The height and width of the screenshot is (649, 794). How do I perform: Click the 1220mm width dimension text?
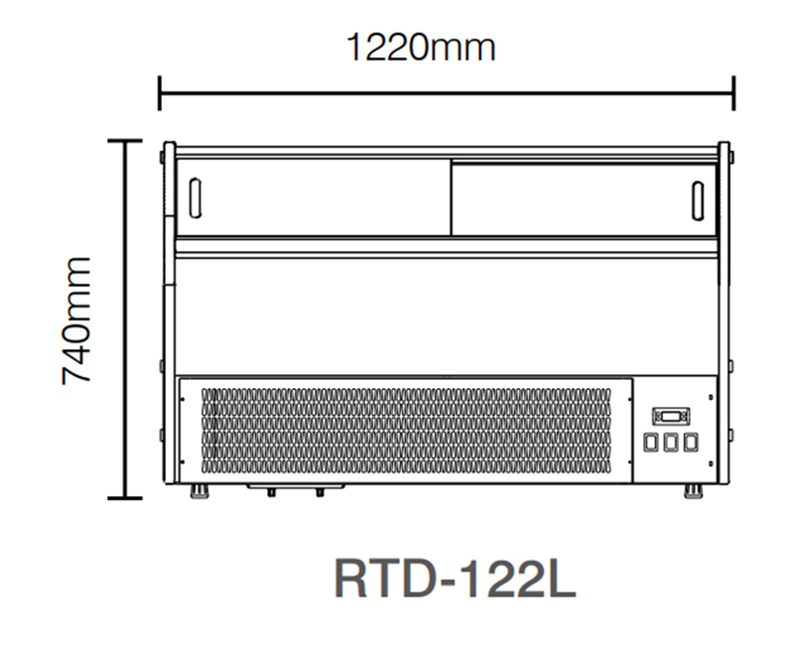[420, 46]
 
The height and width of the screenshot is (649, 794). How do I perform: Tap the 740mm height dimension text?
[77, 320]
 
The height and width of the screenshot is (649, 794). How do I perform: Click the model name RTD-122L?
[456, 580]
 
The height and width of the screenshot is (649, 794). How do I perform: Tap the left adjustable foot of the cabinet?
[201, 490]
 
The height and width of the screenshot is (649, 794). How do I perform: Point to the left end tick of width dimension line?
[160, 92]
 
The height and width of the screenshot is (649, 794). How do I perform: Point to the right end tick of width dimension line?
[733, 92]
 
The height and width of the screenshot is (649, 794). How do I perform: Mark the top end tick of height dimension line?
[125, 141]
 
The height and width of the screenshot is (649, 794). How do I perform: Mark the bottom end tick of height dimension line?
[125, 496]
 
